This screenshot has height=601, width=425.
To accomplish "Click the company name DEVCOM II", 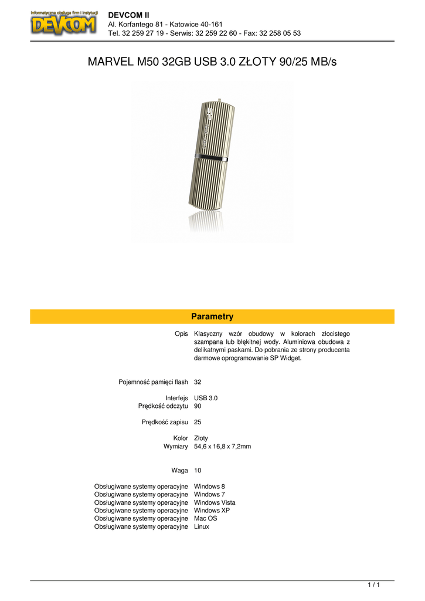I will tap(129, 14).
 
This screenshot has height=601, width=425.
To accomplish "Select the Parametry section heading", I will tap(212, 317).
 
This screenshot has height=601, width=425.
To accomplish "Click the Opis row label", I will tap(181, 333).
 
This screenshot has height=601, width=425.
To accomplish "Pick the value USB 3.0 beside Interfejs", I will tap(206, 398).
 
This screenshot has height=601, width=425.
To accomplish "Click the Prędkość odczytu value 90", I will tap(198, 406).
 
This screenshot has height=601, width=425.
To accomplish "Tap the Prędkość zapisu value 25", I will tap(198, 422).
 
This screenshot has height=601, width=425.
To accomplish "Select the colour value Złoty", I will tap(201, 438).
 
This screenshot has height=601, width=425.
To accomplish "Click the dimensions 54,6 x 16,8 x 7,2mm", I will tap(222, 447).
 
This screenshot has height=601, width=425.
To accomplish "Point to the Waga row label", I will tap(179, 471).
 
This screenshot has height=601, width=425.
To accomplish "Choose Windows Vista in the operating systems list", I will tap(215, 502).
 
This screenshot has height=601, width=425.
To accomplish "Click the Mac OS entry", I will tap(206, 519).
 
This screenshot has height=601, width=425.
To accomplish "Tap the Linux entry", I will tap(202, 527).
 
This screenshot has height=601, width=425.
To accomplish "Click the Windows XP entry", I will tap(212, 511).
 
